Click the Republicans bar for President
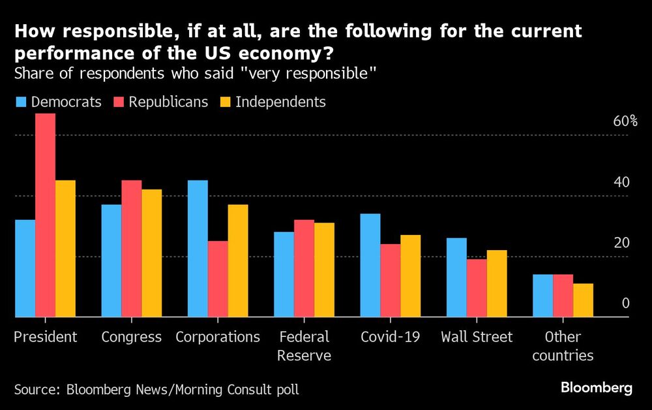(x=45, y=215)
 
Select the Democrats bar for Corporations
(x=198, y=249)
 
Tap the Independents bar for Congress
(x=151, y=253)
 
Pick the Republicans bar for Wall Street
(x=477, y=288)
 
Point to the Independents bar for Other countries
(x=583, y=300)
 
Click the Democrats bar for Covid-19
(x=370, y=266)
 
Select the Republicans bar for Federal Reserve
(x=304, y=268)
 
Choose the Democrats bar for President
(x=25, y=268)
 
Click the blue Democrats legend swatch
(x=21, y=102)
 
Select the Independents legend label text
(x=280, y=102)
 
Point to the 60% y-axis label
(x=624, y=121)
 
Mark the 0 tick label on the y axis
(x=625, y=304)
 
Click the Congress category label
(x=132, y=337)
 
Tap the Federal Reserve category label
(x=304, y=346)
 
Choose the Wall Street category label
(x=477, y=337)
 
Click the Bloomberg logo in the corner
(x=597, y=388)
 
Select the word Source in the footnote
(x=37, y=390)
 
